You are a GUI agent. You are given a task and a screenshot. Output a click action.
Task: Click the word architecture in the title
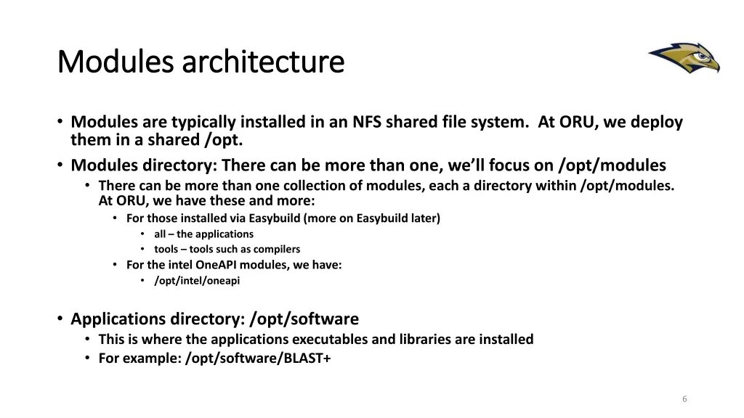262,62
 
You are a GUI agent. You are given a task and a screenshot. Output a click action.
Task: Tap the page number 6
684,398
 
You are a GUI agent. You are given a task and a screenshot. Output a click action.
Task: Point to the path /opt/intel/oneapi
197,281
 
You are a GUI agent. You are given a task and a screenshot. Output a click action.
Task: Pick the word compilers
275,249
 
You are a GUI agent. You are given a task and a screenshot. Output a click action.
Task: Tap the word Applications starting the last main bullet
118,319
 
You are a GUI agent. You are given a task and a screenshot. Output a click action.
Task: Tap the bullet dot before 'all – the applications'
143,234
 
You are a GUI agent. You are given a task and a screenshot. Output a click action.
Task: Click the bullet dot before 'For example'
88,357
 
